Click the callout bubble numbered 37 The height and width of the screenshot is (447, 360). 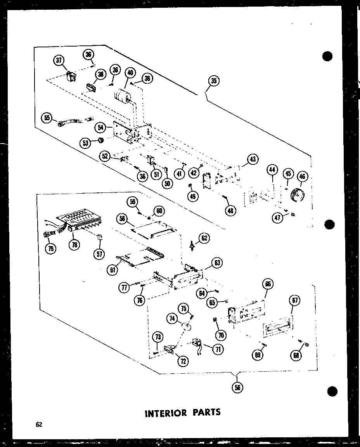coord(59,60)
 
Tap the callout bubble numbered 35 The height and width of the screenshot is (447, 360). coord(213,81)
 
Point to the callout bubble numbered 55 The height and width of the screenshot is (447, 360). coord(47,118)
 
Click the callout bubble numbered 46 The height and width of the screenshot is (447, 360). coord(302,177)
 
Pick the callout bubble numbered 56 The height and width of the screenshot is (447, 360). coord(236,386)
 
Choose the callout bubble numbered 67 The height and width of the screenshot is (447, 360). coord(295,300)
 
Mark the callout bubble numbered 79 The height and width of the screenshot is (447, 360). coord(50,249)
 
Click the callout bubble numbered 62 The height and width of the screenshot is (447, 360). coord(204,237)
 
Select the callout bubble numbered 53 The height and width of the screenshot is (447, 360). coord(85,143)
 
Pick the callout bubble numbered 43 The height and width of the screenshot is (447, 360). coord(253,159)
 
